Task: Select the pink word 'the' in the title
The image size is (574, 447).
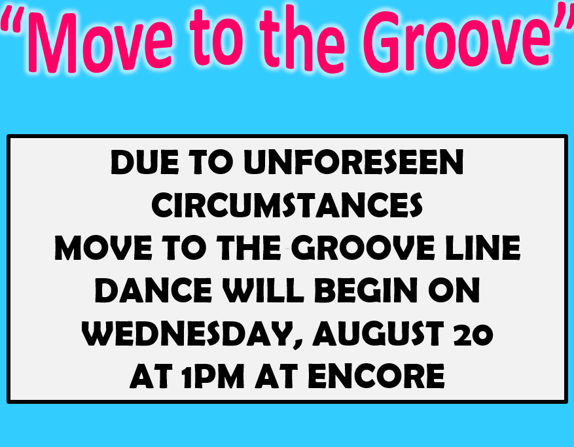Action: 302,39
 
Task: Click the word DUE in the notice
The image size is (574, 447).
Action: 145,162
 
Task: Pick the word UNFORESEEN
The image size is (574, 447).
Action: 353,162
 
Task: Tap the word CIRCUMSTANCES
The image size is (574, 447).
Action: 287,205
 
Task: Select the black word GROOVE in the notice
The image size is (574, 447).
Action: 363,248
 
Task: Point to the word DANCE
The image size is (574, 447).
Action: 153,291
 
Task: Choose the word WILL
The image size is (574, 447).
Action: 264,291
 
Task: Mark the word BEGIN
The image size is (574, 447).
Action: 366,291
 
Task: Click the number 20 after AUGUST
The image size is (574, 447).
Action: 474,334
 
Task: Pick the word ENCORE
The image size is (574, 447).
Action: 376,376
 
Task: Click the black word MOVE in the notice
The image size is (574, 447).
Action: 103,248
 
